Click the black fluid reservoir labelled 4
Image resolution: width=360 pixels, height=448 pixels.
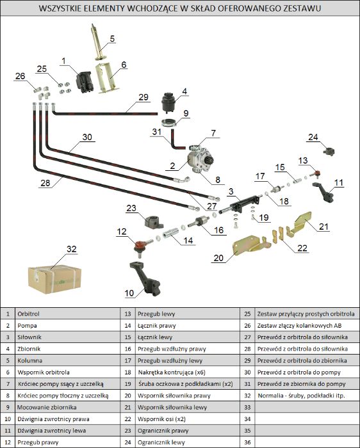(x=168, y=102)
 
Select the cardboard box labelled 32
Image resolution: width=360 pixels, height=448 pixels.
(x=54, y=279)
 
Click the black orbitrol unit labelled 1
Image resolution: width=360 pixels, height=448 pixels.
(x=84, y=82)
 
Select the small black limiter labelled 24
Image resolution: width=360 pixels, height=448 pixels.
(x=329, y=152)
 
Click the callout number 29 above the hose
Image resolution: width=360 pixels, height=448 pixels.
(x=143, y=97)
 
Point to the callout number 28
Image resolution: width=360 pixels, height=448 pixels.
(x=45, y=183)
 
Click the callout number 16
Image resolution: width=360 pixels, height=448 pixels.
(x=218, y=230)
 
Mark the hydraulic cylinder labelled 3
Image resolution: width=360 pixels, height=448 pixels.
(x=241, y=204)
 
